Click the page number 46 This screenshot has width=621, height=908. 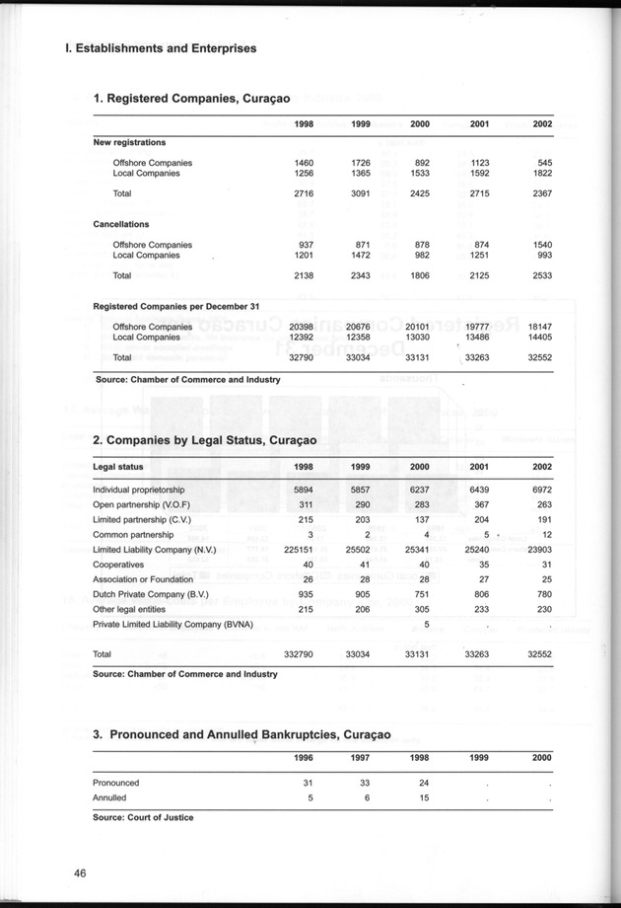81,871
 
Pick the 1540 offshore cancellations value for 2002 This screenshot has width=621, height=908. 542,244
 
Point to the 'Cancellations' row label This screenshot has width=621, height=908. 121,224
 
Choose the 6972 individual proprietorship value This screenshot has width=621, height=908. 542,490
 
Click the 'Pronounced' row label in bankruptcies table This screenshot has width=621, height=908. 116,783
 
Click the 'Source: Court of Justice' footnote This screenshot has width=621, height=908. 144,817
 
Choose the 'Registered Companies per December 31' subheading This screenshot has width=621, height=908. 174,306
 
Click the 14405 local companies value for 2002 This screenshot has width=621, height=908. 539,337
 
